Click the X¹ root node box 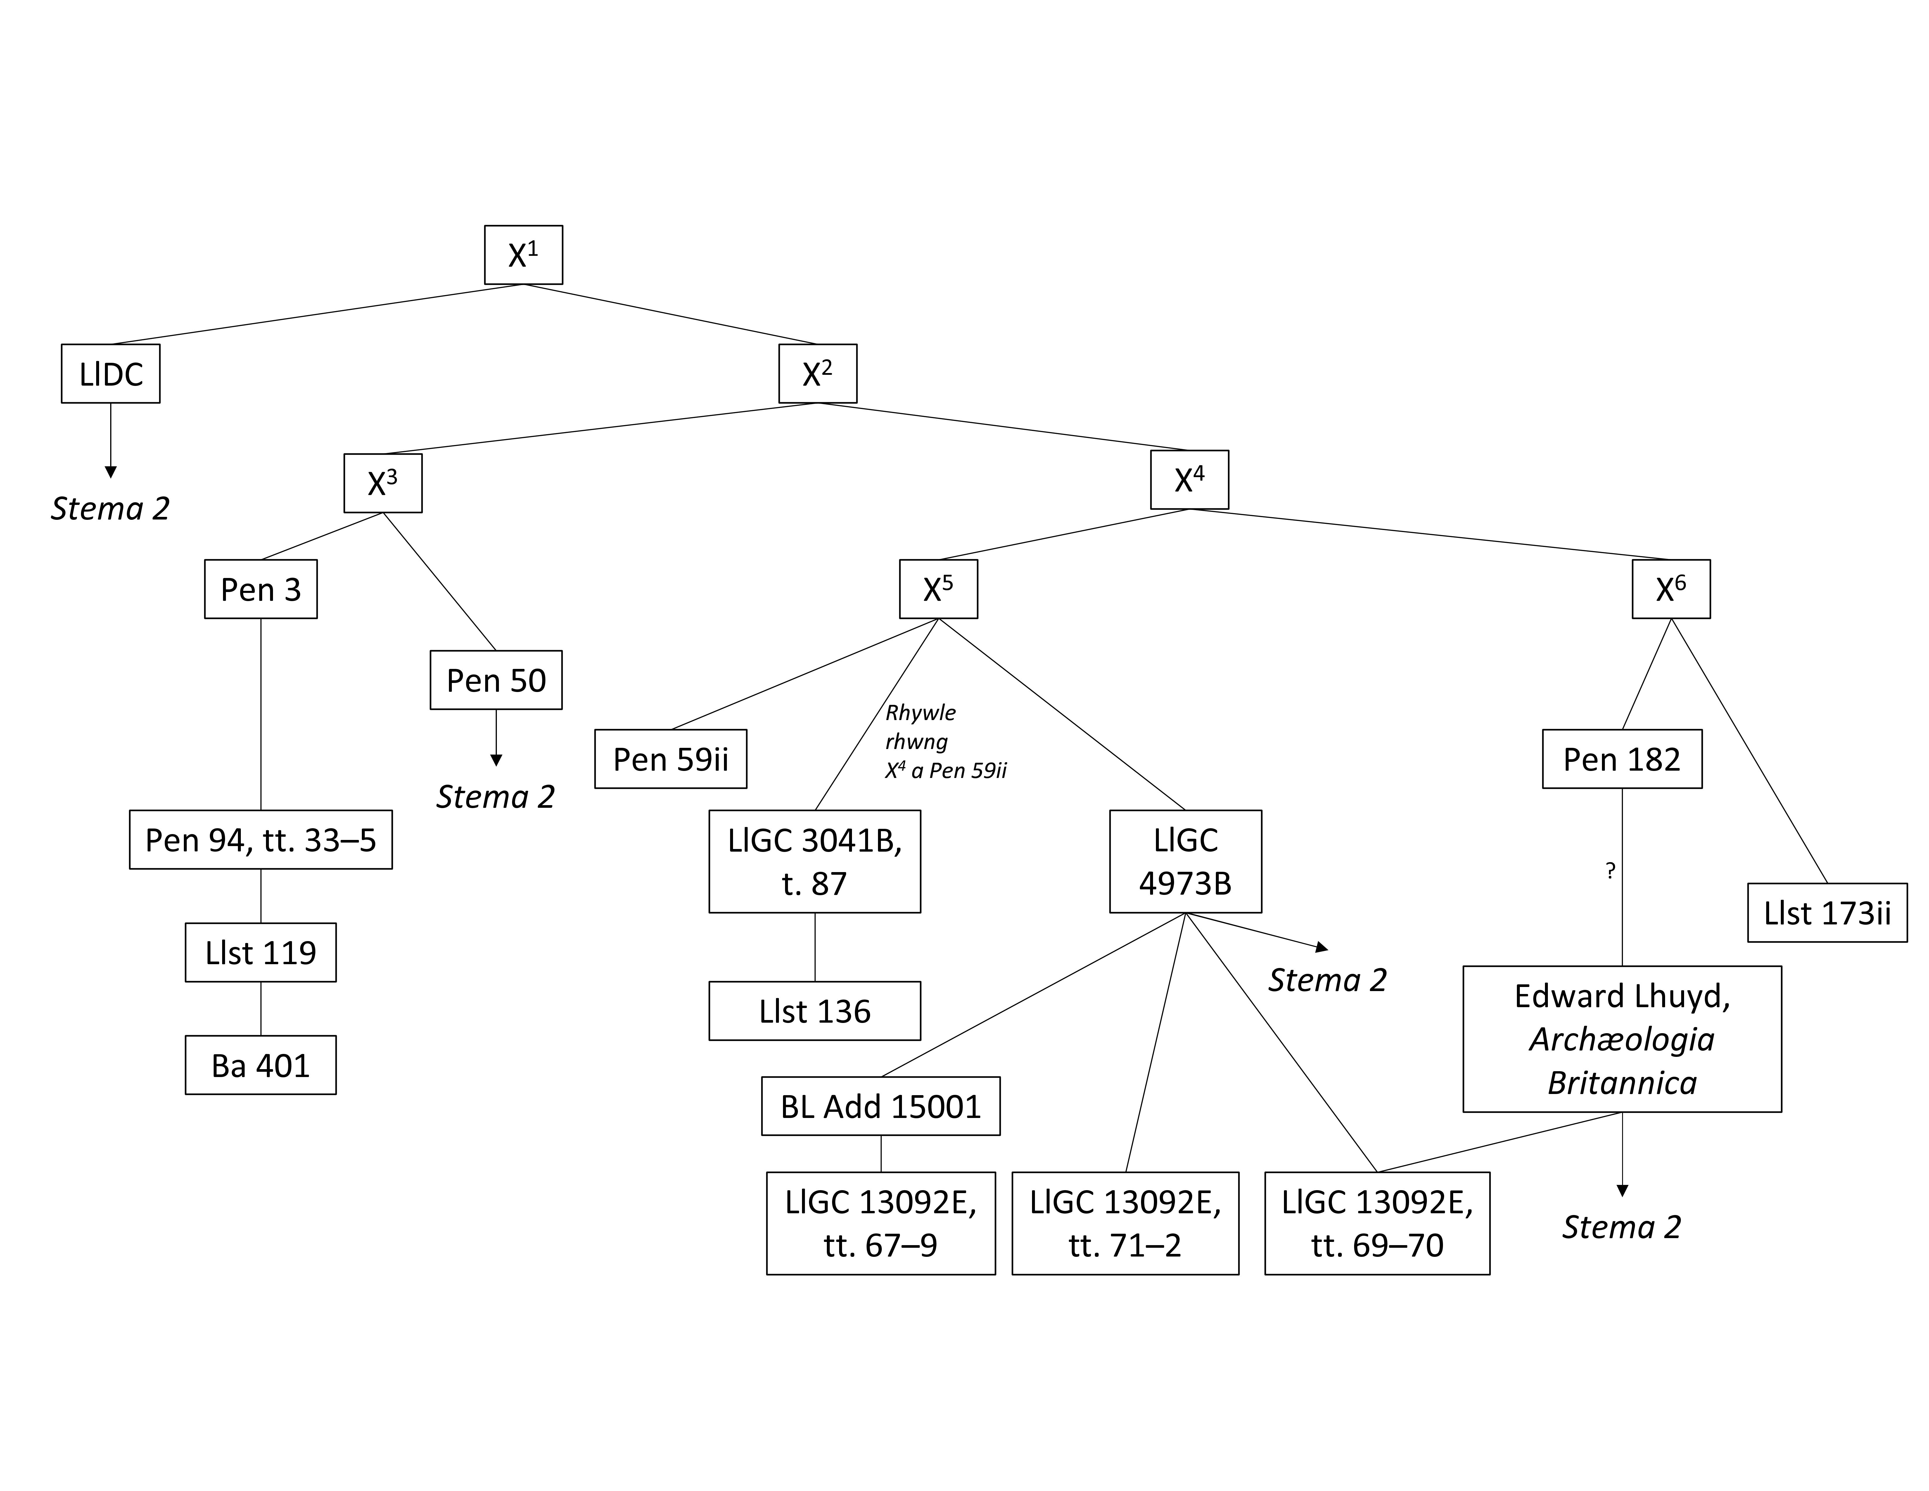pyautogui.click(x=523, y=255)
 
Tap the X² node pyautogui.click(x=817, y=374)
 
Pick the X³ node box pyautogui.click(x=383, y=483)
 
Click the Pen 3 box pyautogui.click(x=260, y=589)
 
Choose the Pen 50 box pyautogui.click(x=495, y=680)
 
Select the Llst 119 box pyautogui.click(x=260, y=952)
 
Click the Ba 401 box pyautogui.click(x=260, y=1065)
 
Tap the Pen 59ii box pyautogui.click(x=670, y=759)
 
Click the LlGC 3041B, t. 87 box pyautogui.click(x=814, y=861)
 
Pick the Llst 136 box pyautogui.click(x=814, y=1010)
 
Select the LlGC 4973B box pyautogui.click(x=1185, y=861)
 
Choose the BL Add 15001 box pyautogui.click(x=881, y=1106)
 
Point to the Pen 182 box pyautogui.click(x=1622, y=759)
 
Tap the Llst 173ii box pyautogui.click(x=1826, y=912)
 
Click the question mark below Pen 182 pyautogui.click(x=1610, y=871)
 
